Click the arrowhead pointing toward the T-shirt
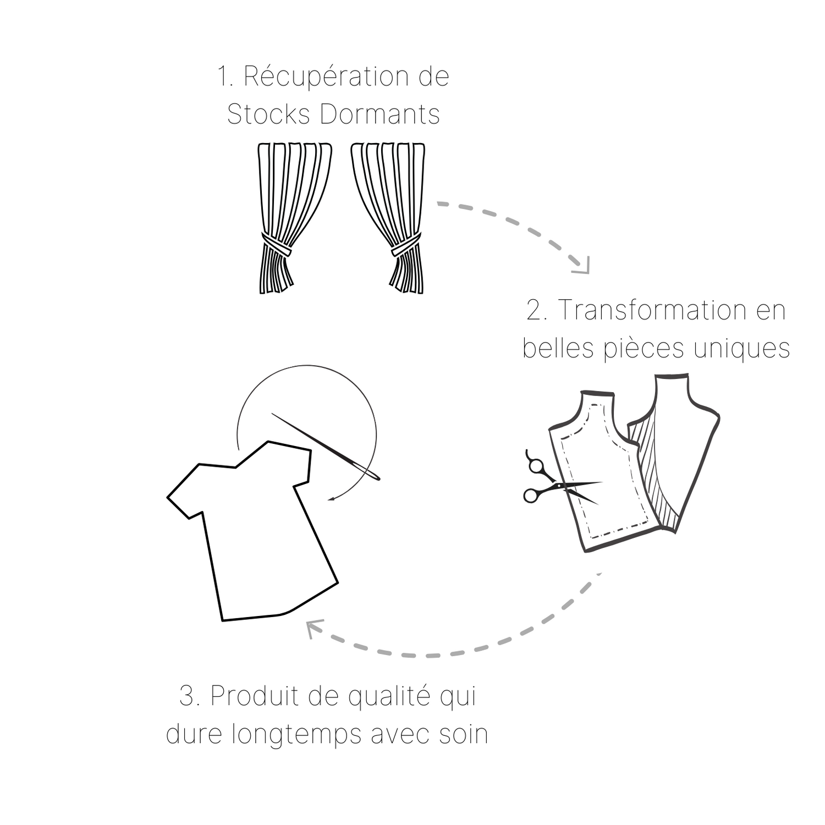pos(313,628)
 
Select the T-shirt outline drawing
pos(252,531)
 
